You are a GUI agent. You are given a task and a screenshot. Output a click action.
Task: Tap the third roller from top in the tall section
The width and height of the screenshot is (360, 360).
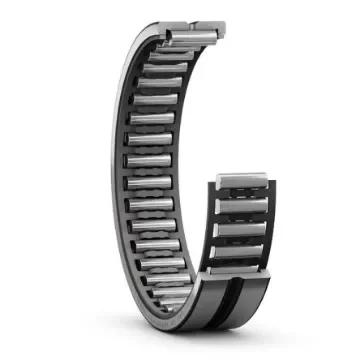click(x=174, y=70)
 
